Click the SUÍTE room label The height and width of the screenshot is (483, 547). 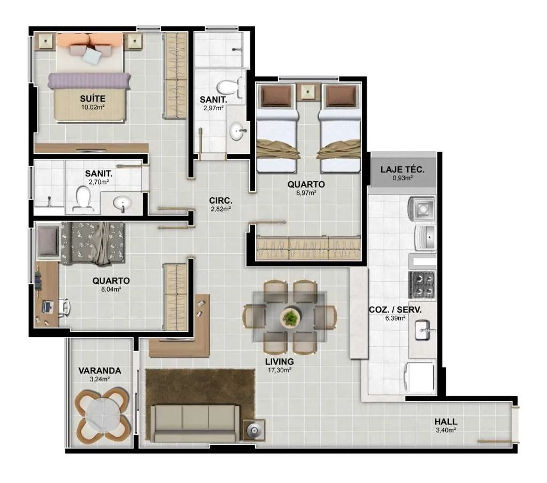coord(93,99)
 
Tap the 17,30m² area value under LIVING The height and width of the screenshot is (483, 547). coord(279,370)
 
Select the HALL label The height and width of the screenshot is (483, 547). coord(446,422)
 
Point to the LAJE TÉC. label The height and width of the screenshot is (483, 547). coord(403,170)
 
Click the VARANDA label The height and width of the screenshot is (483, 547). coord(100,371)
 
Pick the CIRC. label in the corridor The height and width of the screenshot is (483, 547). coord(221,200)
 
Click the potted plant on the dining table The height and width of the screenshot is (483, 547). coord(290,317)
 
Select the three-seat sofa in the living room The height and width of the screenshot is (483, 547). coord(194,423)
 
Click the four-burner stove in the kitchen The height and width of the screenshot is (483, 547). coord(422,284)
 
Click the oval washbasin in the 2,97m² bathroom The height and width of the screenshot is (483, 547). coord(238,131)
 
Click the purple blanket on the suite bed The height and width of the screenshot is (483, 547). coord(89,81)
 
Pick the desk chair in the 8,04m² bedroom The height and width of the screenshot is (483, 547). coord(65,307)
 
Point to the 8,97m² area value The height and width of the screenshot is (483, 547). coord(306,193)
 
